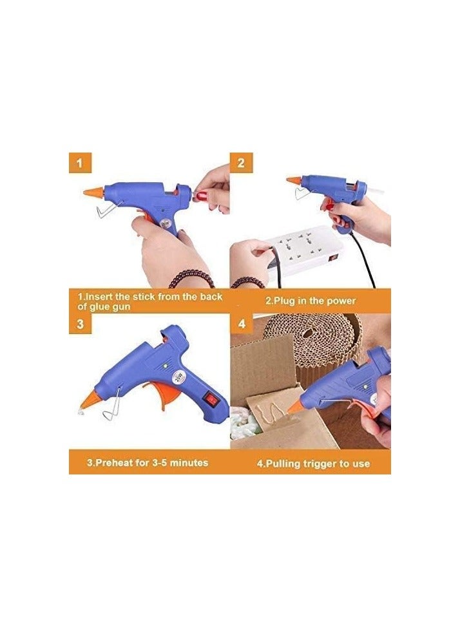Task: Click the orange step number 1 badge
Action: pos(80,163)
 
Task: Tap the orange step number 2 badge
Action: pos(240,163)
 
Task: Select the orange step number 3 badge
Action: pos(80,324)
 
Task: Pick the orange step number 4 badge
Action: pos(242,324)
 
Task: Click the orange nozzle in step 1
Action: pos(93,192)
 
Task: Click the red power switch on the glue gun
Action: pos(211,398)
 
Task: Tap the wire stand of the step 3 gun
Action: pos(115,406)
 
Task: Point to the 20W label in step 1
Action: pos(165,224)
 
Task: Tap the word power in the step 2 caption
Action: pos(341,301)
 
